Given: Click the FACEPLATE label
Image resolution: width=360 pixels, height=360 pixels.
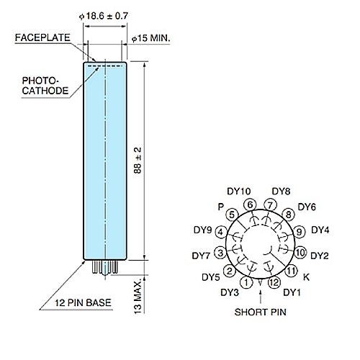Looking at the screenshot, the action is point(42,37).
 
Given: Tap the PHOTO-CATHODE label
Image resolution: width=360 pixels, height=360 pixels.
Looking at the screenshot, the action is point(45,86).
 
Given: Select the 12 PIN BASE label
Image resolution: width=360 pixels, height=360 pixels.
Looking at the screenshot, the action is point(83,302).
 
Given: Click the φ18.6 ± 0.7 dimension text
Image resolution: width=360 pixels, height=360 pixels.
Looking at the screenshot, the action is point(104,16).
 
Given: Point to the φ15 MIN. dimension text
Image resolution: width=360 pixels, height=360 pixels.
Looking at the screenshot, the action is point(150,38).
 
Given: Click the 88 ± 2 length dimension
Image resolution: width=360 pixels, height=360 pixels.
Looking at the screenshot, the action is point(138,161).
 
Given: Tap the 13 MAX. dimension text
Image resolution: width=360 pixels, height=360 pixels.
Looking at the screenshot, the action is point(138,297).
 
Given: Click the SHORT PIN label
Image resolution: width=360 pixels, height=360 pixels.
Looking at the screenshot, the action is point(261,312).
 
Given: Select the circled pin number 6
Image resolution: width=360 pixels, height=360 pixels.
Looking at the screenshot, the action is point(250,205).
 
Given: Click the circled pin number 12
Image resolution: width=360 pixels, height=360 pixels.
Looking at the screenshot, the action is point(274,282).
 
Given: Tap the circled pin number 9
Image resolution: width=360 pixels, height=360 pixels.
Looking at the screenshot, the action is point(300,232).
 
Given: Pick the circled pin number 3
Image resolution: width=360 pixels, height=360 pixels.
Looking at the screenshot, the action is point(220,253).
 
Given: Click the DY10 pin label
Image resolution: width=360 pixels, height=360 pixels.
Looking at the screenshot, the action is point(239,192).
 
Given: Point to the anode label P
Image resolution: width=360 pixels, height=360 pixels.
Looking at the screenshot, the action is point(221,207).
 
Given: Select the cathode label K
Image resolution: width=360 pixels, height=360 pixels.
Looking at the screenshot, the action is point(306,277).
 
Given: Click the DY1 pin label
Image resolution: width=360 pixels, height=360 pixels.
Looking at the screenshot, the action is point(292,292).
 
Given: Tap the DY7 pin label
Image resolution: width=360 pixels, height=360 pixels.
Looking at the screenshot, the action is point(201,256).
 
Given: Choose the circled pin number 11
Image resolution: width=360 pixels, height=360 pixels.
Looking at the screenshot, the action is point(291,271).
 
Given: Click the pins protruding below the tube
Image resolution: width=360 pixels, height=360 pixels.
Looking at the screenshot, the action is point(105,267).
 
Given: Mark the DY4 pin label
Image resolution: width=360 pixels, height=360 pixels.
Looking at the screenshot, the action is point(320,230).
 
